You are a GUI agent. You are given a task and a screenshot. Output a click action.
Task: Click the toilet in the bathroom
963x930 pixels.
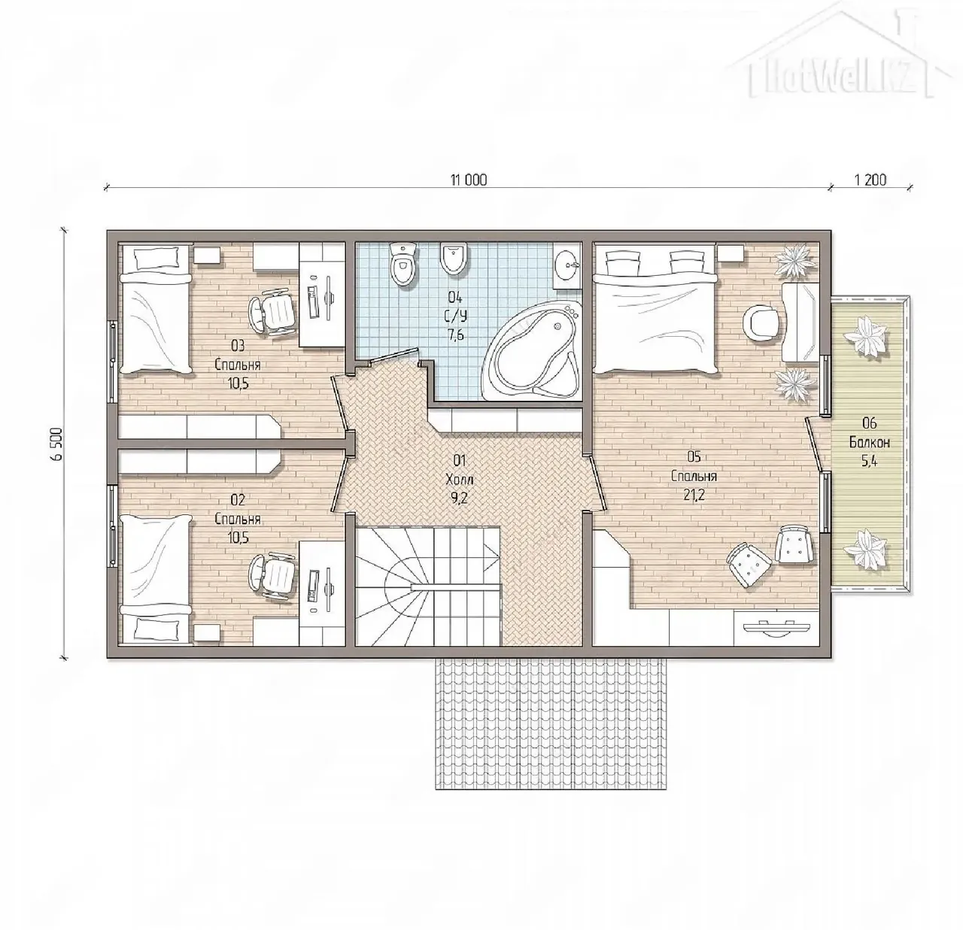coord(403,264)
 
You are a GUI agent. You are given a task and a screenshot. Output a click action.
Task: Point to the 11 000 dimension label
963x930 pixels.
coord(468,180)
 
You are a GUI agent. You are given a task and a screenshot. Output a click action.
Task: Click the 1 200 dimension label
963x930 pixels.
coord(870,180)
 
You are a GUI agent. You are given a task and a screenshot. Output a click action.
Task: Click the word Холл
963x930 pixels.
coord(460,480)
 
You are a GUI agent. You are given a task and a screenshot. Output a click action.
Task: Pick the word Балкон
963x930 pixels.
coord(870,442)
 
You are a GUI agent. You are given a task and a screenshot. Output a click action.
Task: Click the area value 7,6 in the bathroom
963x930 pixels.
coord(456,335)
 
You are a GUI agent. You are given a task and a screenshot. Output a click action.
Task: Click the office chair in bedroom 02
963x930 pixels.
coord(272,577)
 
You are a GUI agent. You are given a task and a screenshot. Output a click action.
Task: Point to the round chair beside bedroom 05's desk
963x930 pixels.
coord(763,323)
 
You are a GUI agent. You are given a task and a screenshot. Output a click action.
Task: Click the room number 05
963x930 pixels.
coord(694,457)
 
